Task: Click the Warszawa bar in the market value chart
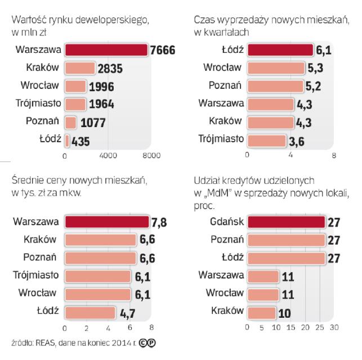click(x=106, y=50)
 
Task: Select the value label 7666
click(x=163, y=51)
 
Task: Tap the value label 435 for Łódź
click(x=81, y=141)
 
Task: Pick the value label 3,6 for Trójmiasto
click(x=293, y=141)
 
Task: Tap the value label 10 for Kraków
click(x=286, y=312)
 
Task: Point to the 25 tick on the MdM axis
click(x=321, y=327)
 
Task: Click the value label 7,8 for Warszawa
click(x=145, y=222)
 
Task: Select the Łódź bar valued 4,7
click(x=90, y=312)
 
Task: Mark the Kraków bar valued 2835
click(x=79, y=69)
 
